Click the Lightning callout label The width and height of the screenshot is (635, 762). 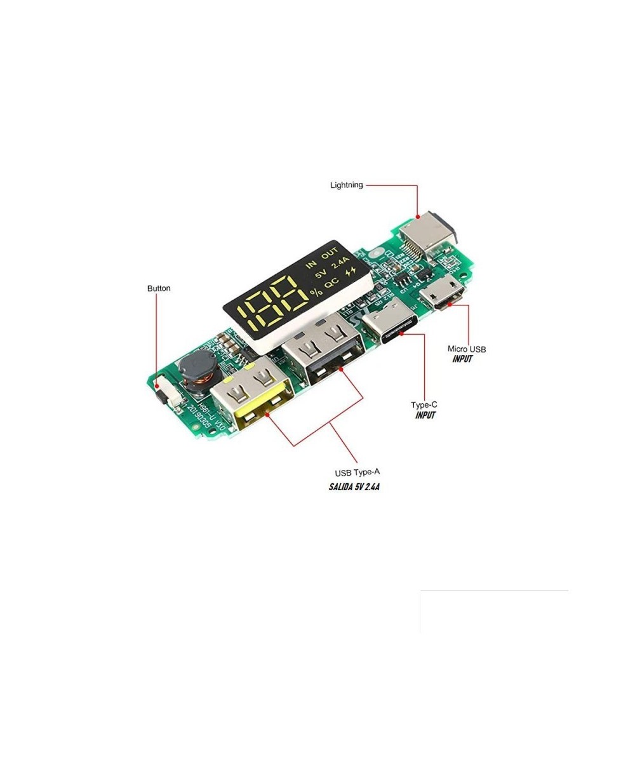point(346,185)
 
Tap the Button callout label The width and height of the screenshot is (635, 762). point(159,288)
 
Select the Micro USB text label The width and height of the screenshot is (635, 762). point(467,349)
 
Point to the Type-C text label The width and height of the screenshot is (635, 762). point(424,404)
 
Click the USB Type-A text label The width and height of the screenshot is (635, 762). point(358,472)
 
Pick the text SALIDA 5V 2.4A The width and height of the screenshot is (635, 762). point(354,487)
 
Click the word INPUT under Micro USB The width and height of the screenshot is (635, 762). point(462,359)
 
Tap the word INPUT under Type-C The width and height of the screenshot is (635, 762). point(425,415)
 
